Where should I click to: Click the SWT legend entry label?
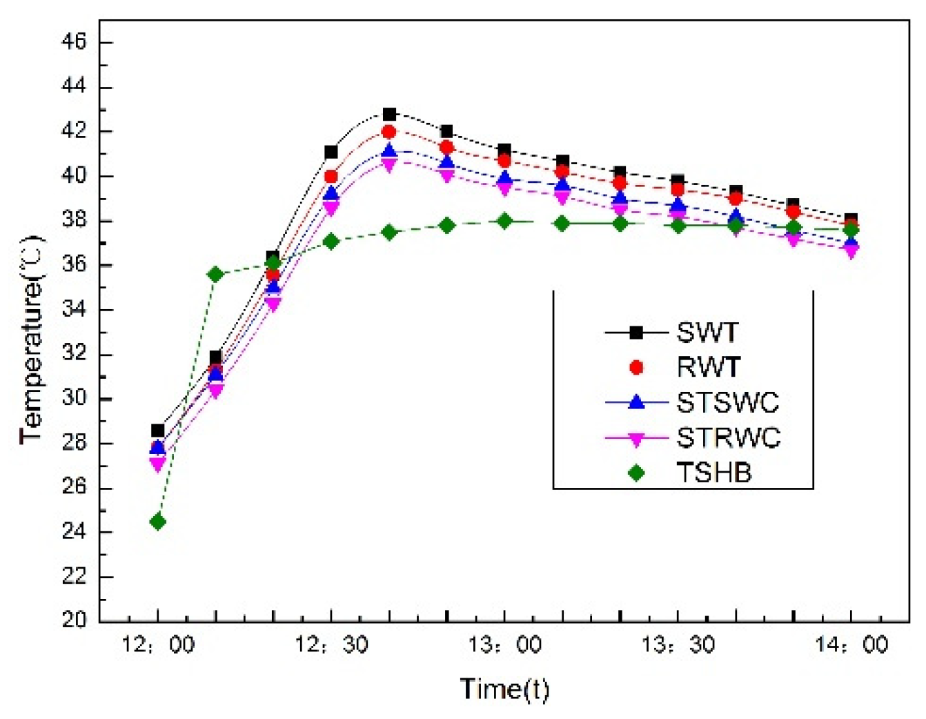[707, 333]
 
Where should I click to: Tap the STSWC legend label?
[727, 402]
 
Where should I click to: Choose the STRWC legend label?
[728, 437]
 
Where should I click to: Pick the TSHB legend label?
[713, 473]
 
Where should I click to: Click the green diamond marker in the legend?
[636, 473]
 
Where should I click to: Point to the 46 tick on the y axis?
[74, 42]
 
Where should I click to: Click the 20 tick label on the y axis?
[74, 620]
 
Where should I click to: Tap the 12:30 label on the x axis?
[331, 645]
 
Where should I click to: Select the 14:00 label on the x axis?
[851, 645]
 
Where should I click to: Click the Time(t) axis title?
[504, 689]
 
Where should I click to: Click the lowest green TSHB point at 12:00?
[157, 522]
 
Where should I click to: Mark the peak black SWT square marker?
[389, 114]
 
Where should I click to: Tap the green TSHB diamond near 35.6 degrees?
[215, 274]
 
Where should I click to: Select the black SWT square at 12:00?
[157, 431]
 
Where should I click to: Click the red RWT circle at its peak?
[389, 132]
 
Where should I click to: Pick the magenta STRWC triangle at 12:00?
[157, 464]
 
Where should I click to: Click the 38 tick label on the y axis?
[74, 220]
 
